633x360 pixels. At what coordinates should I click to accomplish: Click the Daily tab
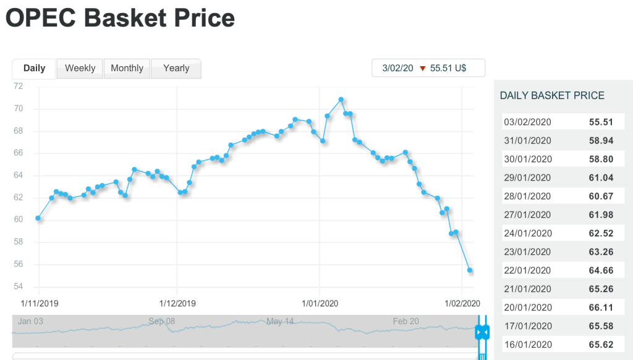[x=34, y=68]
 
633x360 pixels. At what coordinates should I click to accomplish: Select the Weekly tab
[x=80, y=68]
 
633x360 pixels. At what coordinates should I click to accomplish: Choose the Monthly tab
[x=127, y=68]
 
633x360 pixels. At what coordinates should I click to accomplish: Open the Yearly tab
[x=176, y=68]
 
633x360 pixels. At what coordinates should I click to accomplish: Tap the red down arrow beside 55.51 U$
[x=423, y=69]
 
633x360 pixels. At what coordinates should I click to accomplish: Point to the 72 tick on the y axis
[x=19, y=87]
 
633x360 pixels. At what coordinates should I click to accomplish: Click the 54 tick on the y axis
[x=19, y=286]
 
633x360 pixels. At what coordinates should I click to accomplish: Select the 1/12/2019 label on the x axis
[x=177, y=304]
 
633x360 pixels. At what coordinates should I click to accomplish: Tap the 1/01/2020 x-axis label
[x=319, y=304]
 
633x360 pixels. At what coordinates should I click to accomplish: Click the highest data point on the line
[x=341, y=100]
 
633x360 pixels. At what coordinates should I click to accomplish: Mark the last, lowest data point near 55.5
[x=470, y=270]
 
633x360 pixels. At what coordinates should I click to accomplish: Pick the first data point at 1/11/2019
[x=38, y=218]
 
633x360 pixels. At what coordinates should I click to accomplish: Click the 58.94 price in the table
[x=601, y=140]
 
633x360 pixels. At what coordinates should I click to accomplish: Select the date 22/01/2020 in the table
[x=528, y=270]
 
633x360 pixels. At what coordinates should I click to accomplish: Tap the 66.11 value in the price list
[x=601, y=307]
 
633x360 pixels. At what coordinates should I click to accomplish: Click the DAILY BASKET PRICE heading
[x=552, y=95]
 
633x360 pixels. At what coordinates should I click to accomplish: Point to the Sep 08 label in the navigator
[x=161, y=322]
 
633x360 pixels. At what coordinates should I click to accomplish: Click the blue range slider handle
[x=482, y=333]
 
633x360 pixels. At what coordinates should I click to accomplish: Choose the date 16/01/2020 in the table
[x=528, y=345]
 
